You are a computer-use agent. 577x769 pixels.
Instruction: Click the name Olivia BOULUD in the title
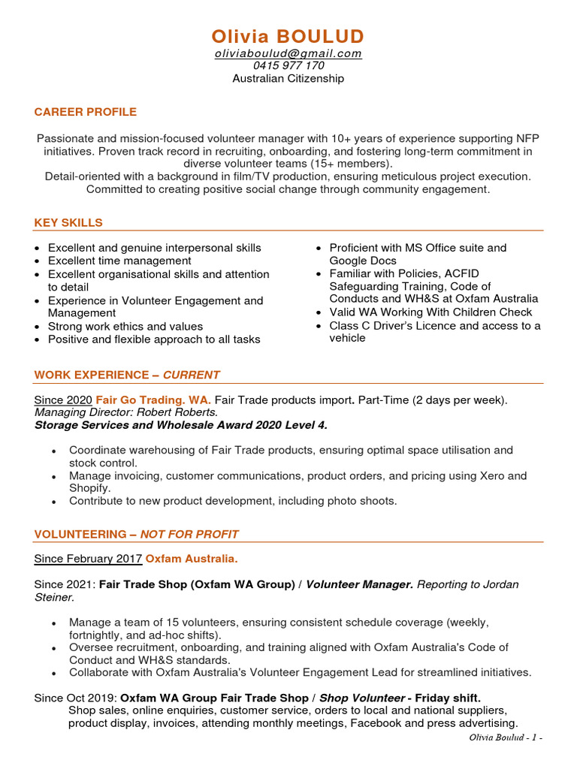(288, 36)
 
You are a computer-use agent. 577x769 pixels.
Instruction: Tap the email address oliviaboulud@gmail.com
(288, 53)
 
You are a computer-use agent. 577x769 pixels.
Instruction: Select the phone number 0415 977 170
(288, 65)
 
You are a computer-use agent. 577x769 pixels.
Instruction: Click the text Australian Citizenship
(288, 78)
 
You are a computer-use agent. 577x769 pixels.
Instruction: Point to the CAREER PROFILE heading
(85, 112)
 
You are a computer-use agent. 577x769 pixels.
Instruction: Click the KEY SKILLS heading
(68, 222)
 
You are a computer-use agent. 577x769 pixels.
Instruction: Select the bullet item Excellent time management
(119, 261)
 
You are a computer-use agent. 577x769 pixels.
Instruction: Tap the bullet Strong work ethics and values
(125, 326)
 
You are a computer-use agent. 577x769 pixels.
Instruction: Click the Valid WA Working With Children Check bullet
(430, 312)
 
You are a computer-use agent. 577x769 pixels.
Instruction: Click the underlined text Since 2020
(63, 400)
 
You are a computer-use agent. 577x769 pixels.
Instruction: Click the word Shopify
(89, 488)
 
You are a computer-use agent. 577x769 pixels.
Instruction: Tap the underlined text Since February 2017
(88, 559)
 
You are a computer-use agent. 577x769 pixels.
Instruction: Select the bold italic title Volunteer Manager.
(359, 584)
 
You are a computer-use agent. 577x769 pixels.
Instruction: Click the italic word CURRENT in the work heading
(191, 375)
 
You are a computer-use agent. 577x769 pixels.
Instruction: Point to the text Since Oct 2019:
(75, 698)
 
